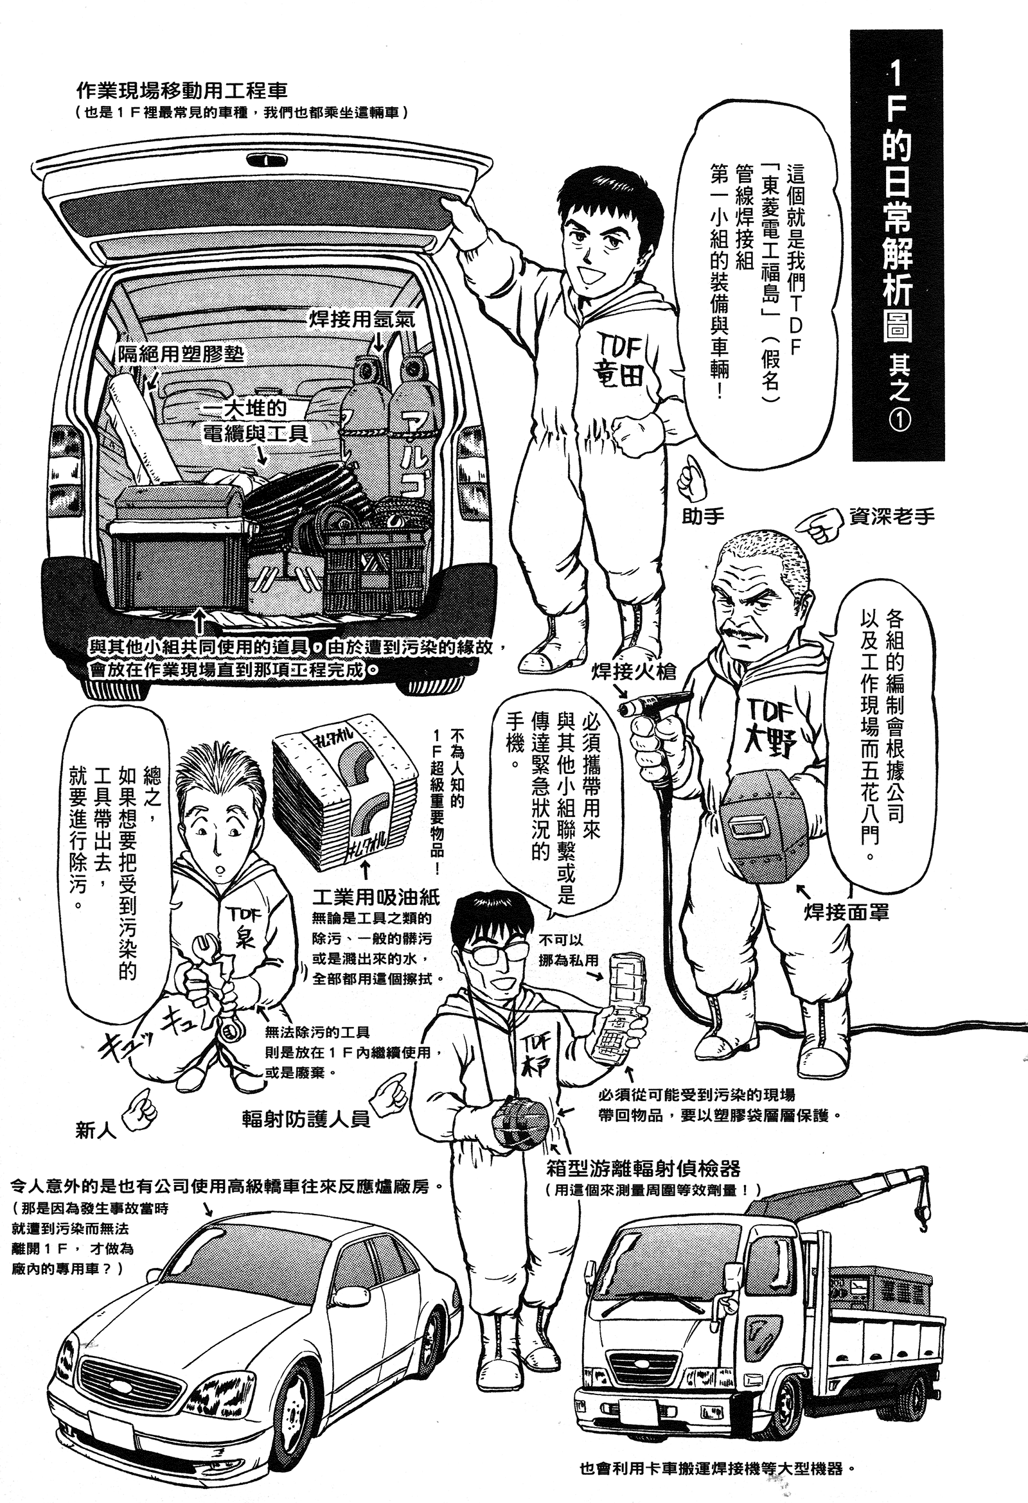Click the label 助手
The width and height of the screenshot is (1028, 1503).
pyautogui.click(x=703, y=516)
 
